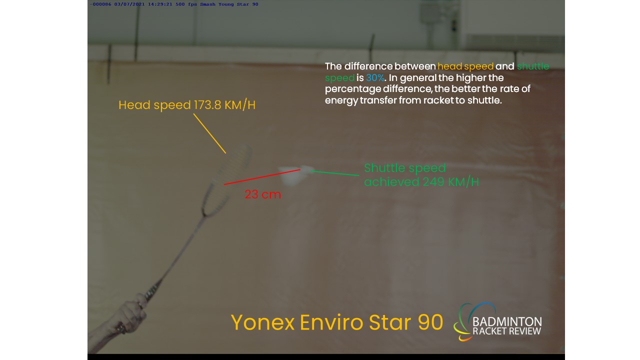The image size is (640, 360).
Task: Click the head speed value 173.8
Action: click(207, 105)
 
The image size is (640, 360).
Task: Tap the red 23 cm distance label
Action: click(263, 194)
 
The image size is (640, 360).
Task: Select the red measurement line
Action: click(262, 177)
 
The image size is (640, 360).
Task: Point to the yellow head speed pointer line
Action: click(209, 133)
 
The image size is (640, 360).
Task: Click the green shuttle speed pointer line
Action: click(334, 173)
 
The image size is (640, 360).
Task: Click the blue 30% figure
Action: click(375, 77)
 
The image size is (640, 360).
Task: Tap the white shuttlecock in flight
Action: click(295, 175)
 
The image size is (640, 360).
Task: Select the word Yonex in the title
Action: click(262, 322)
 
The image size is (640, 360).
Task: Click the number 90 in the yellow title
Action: click(430, 322)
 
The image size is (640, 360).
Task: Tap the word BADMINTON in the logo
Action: click(507, 321)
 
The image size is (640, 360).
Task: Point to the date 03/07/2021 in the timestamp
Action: click(129, 4)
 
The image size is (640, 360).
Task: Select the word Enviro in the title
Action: click(331, 322)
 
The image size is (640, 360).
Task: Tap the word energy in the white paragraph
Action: click(341, 101)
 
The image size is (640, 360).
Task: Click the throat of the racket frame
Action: click(204, 213)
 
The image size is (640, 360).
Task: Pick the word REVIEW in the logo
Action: click(524, 331)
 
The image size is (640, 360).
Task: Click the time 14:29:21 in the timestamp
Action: click(159, 4)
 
